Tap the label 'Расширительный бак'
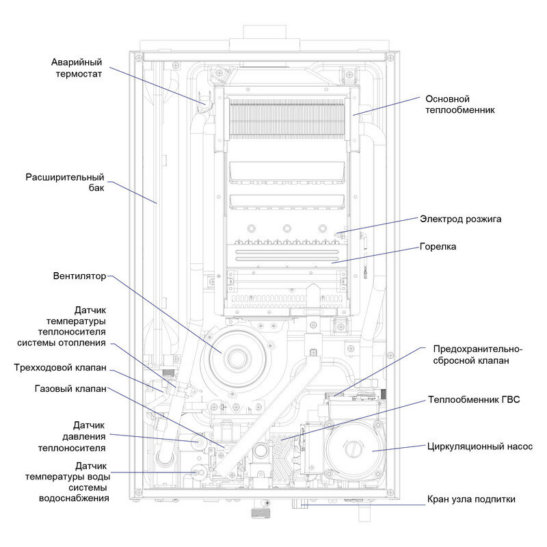[x=65, y=183]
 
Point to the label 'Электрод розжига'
[x=460, y=219]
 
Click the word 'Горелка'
[x=438, y=246]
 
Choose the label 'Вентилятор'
[x=80, y=277]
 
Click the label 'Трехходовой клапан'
[x=60, y=367]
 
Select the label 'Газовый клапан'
[x=70, y=389]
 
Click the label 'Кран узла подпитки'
[x=470, y=499]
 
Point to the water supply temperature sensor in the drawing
[x=199, y=471]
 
